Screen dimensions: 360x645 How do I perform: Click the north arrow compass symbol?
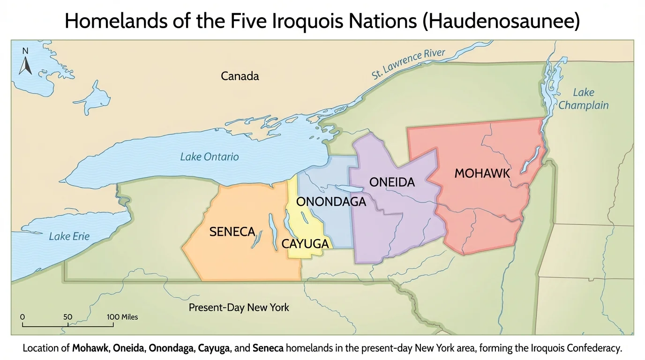point(25,62)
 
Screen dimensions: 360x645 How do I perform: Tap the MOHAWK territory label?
point(482,173)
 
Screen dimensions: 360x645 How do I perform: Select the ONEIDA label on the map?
point(392,182)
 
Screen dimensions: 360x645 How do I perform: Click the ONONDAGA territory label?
point(331,202)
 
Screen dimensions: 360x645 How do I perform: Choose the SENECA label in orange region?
point(232,232)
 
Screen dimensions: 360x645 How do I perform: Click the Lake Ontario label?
point(209,157)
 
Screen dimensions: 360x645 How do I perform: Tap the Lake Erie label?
point(69,236)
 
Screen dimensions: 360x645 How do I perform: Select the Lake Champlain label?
point(583,99)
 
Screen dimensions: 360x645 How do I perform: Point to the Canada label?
point(240,76)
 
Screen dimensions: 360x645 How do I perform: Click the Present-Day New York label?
point(239,308)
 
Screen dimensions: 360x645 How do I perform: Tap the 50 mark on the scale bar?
point(67,317)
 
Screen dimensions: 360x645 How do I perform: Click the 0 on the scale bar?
point(22,317)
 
